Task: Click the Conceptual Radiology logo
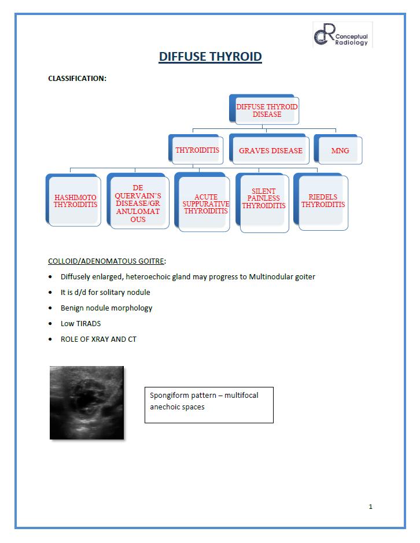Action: point(342,35)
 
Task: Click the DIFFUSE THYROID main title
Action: point(210,57)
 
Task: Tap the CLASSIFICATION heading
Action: point(77,78)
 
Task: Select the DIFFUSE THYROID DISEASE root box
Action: point(266,110)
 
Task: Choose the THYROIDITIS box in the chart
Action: point(197,150)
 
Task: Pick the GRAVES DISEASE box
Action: point(270,150)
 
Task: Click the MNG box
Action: point(340,150)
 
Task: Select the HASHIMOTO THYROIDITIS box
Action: point(75,201)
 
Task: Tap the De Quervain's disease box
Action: point(138,204)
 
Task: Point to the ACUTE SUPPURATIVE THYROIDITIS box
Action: point(205,204)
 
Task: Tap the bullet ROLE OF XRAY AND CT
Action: point(98,339)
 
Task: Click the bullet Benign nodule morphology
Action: point(106,308)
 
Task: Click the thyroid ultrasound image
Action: point(86,402)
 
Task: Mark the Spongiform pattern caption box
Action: point(208,404)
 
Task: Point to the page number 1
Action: point(370,507)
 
